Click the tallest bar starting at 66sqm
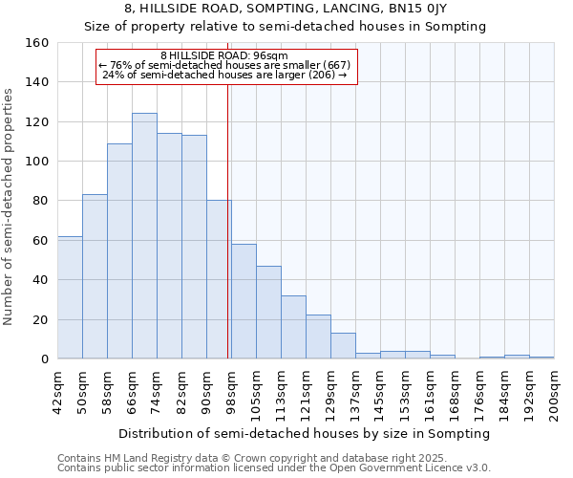pyautogui.click(x=144, y=236)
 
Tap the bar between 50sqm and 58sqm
pyautogui.click(x=95, y=276)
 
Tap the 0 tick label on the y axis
pyautogui.click(x=45, y=359)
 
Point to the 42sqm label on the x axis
pyautogui.click(x=57, y=392)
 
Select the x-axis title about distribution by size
pyautogui.click(x=305, y=433)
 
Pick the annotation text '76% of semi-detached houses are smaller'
pyautogui.click(x=225, y=65)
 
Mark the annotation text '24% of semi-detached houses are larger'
pyautogui.click(x=223, y=75)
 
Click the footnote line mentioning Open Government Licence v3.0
pyautogui.click(x=274, y=468)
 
